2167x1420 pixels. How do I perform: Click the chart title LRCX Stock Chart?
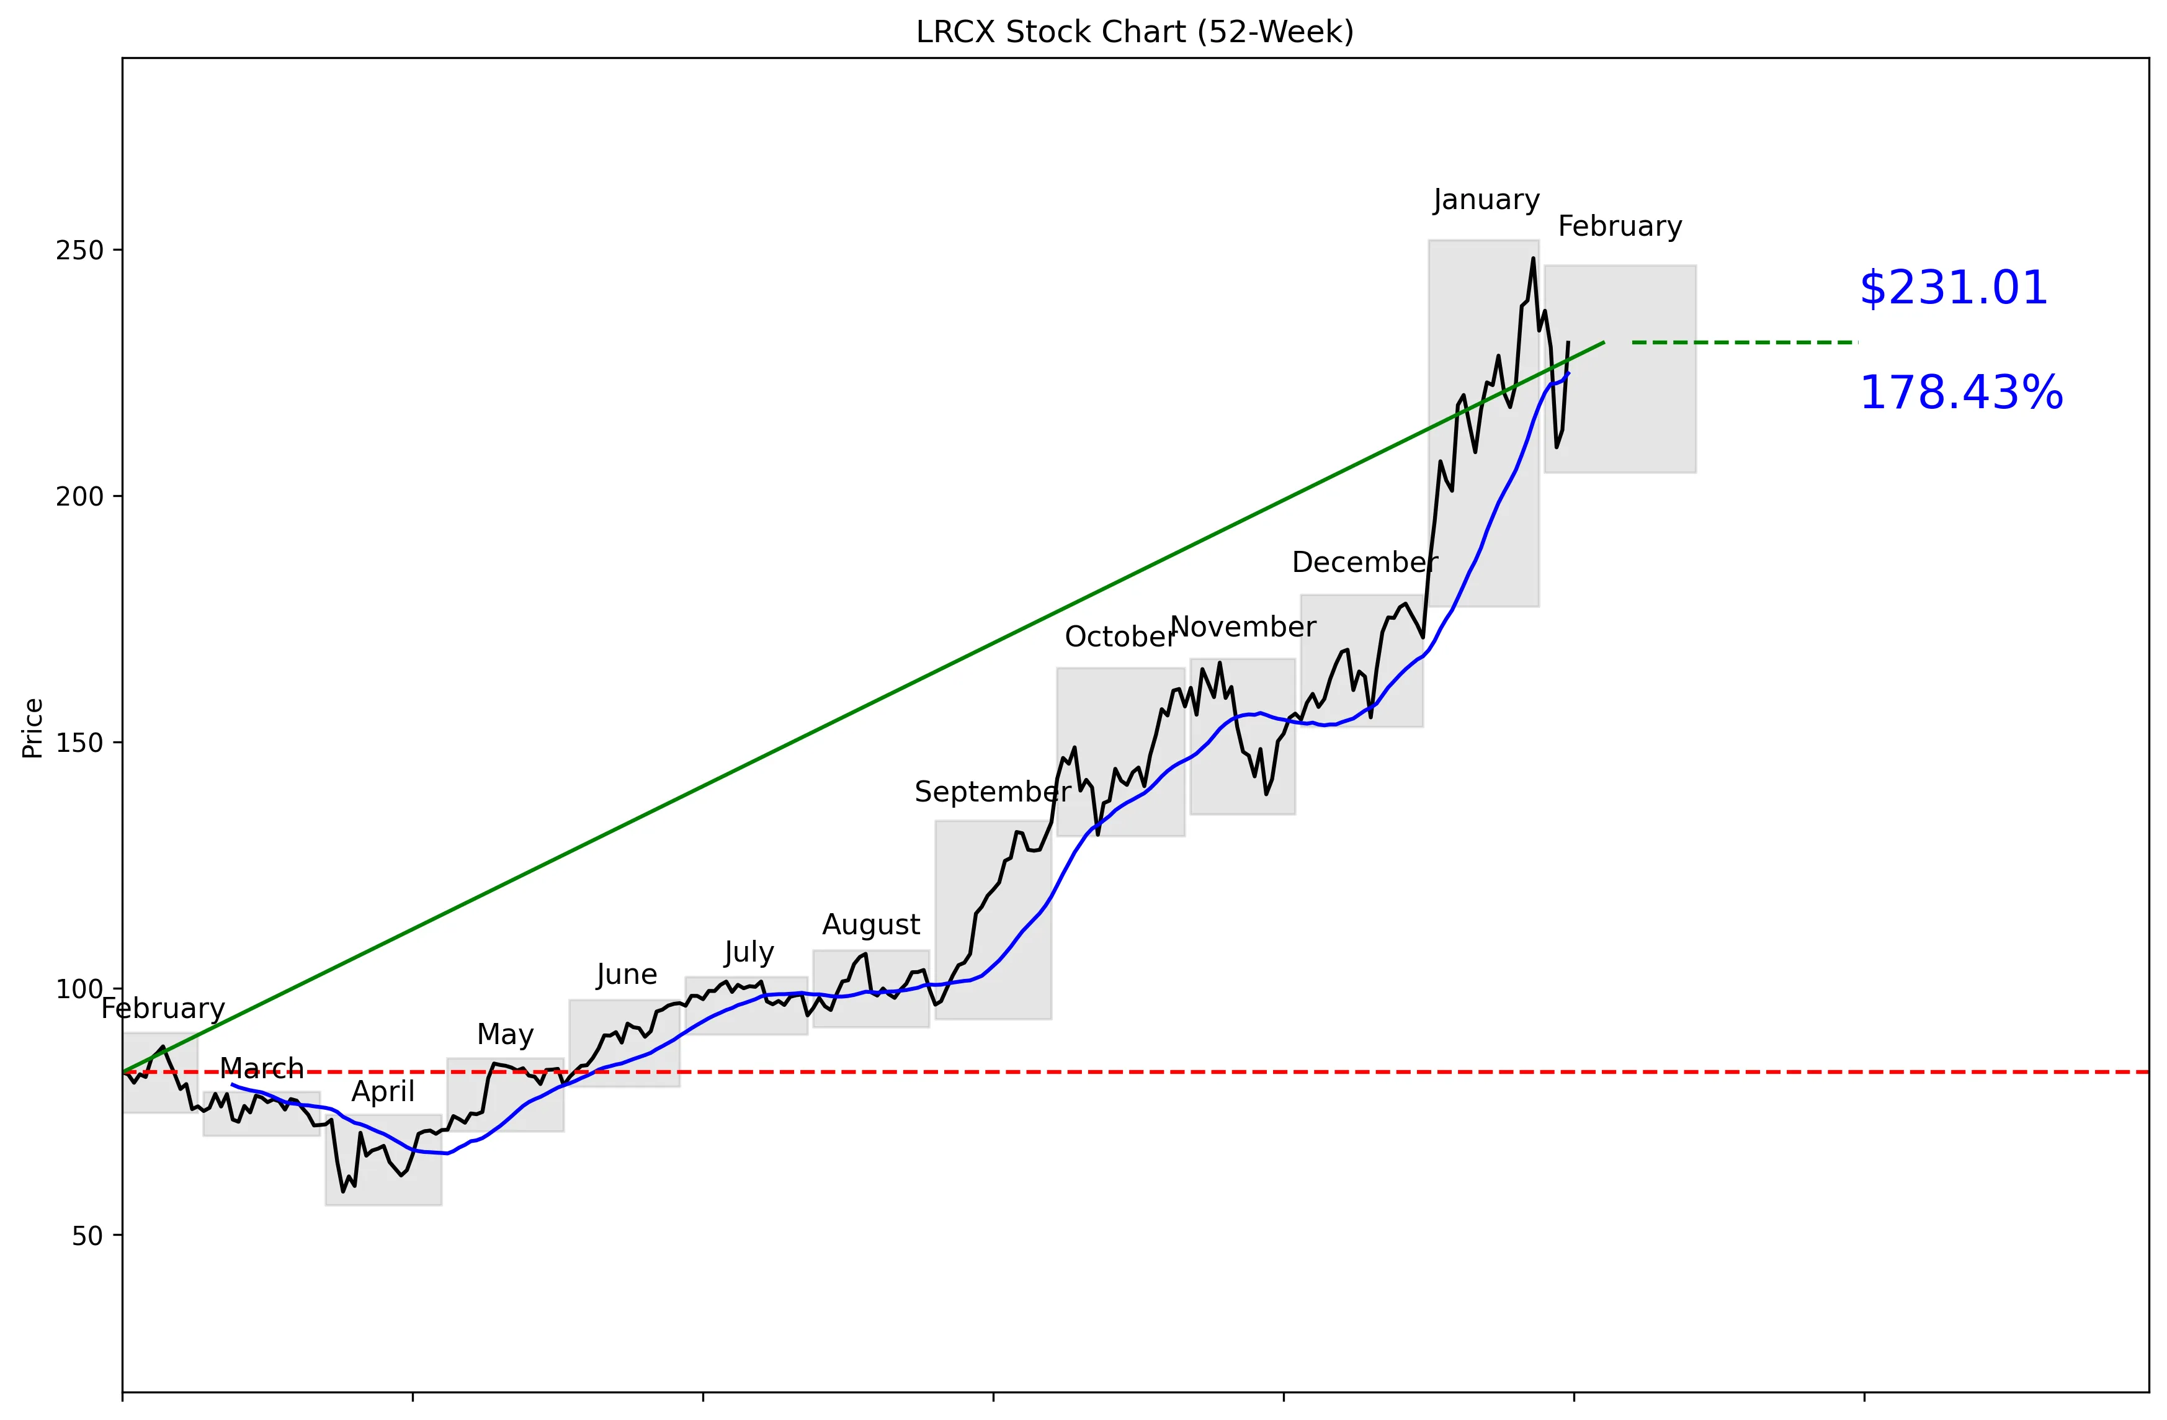1135,33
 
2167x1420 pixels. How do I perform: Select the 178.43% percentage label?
1960,393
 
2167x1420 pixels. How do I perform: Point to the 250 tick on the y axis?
79,251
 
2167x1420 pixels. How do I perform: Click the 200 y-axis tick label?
79,497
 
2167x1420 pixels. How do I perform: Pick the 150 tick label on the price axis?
79,743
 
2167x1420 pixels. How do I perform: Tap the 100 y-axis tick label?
79,989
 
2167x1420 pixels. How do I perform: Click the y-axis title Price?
33,728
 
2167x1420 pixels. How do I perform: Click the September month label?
993,792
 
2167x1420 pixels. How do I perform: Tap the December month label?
1364,563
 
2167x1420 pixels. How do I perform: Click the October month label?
1120,637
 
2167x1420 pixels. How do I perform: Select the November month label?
1243,627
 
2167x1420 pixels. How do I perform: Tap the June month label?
627,975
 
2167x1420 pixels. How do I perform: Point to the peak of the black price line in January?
1534,259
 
